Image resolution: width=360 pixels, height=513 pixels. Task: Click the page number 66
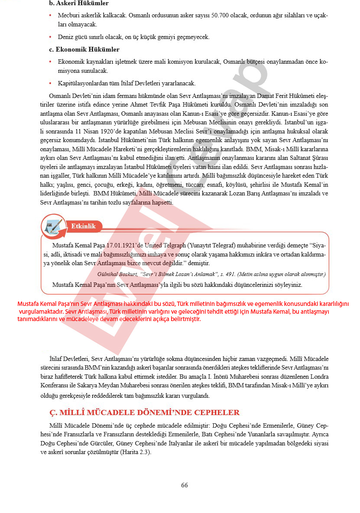tap(184, 485)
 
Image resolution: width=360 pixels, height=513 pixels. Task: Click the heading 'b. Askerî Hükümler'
tap(79, 3)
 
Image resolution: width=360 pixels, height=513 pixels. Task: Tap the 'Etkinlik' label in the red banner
tap(83, 226)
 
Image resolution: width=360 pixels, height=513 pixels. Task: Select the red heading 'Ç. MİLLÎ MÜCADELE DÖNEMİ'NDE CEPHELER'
tap(145, 412)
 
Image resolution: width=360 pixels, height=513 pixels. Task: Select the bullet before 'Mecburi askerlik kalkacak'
tap(51, 16)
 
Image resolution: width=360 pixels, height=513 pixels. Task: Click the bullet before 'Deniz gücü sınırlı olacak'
tap(51, 37)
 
